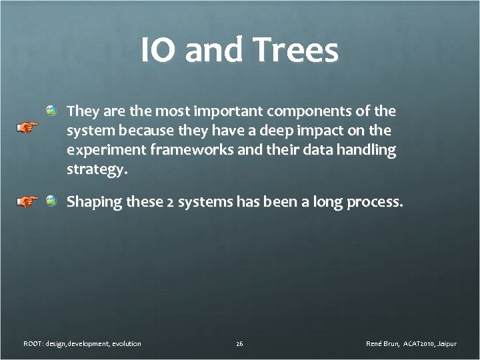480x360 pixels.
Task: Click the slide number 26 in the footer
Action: click(239, 343)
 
